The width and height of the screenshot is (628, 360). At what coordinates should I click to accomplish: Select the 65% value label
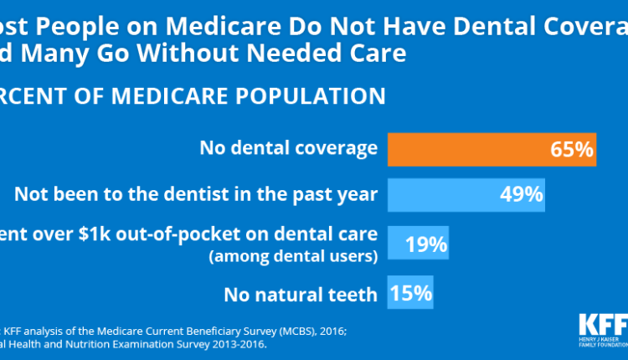click(572, 150)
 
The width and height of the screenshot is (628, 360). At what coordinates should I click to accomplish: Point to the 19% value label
click(425, 245)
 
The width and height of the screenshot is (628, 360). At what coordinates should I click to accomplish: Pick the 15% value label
click(410, 294)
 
